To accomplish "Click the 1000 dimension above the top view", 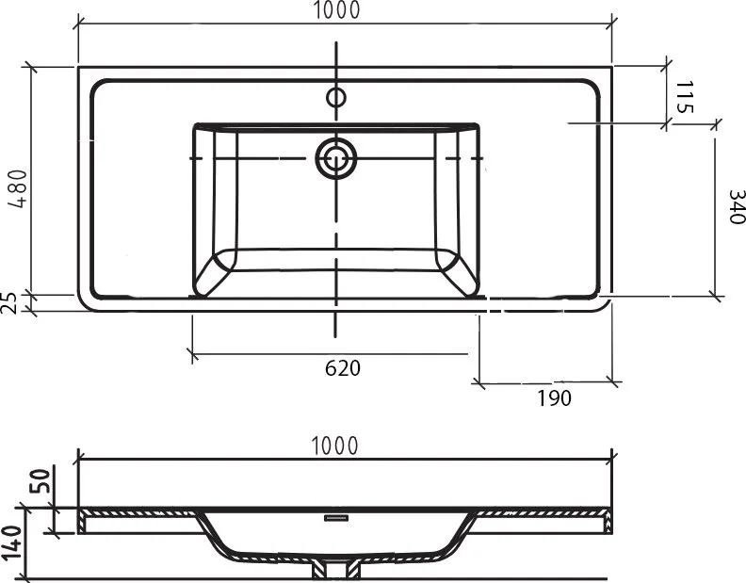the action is (336, 10).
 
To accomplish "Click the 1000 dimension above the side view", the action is (334, 445).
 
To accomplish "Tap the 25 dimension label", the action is (9, 302).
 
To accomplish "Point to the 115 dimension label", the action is (684, 97).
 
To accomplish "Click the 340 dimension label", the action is (737, 206).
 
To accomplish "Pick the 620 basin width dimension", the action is (343, 368).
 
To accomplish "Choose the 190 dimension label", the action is (554, 397).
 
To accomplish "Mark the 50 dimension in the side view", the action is (41, 481).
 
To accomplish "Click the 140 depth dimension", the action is (11, 543).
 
